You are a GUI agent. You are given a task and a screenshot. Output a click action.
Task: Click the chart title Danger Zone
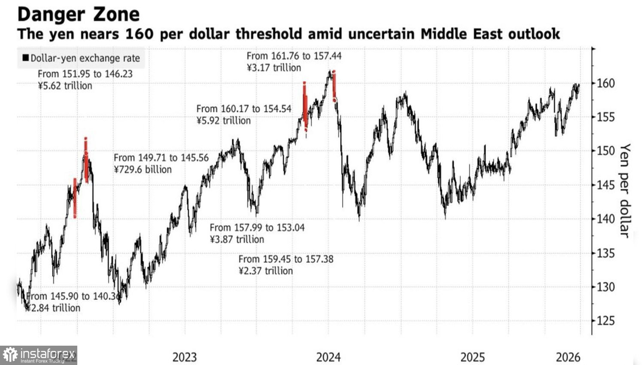79,14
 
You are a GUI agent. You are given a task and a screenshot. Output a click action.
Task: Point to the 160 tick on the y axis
605,83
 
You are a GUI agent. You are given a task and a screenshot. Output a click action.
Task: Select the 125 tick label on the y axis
605,321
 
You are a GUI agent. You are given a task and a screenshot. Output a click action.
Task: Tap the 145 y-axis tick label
605,185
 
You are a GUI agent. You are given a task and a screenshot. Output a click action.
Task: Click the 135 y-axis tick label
605,253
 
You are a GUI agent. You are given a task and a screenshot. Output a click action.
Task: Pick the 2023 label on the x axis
185,357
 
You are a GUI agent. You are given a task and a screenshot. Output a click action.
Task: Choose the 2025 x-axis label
472,357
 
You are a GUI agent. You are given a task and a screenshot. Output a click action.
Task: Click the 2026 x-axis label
568,357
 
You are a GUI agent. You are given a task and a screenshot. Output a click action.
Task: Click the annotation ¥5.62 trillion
65,86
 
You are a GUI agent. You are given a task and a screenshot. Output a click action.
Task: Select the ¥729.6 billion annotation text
143,170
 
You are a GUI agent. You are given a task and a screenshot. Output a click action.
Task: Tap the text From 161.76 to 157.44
294,56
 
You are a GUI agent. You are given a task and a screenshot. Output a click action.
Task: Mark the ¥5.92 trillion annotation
223,121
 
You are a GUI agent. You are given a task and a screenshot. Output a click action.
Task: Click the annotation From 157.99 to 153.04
257,227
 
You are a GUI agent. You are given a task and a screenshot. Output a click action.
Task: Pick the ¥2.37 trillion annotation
266,271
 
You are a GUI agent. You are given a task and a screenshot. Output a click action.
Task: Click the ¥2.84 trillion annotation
53,308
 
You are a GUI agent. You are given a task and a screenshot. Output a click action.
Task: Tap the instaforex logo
39,355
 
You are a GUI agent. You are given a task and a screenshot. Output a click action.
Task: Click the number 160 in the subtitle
139,34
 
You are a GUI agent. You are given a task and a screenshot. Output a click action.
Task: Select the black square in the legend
26,58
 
